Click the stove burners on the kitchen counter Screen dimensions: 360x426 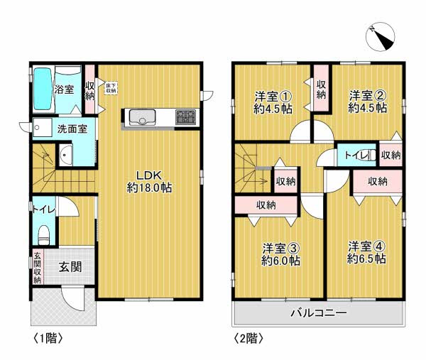coord(186,116)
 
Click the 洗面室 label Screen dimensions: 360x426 coord(72,129)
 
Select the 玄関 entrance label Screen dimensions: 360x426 coord(70,267)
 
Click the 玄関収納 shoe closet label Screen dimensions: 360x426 coord(37,267)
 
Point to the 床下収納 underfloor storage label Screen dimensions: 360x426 coord(111,88)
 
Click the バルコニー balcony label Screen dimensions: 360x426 coord(318,313)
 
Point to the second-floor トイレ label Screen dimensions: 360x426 coord(355,156)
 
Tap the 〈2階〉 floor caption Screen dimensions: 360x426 coord(249,339)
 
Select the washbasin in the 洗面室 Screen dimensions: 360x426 coord(66,154)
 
